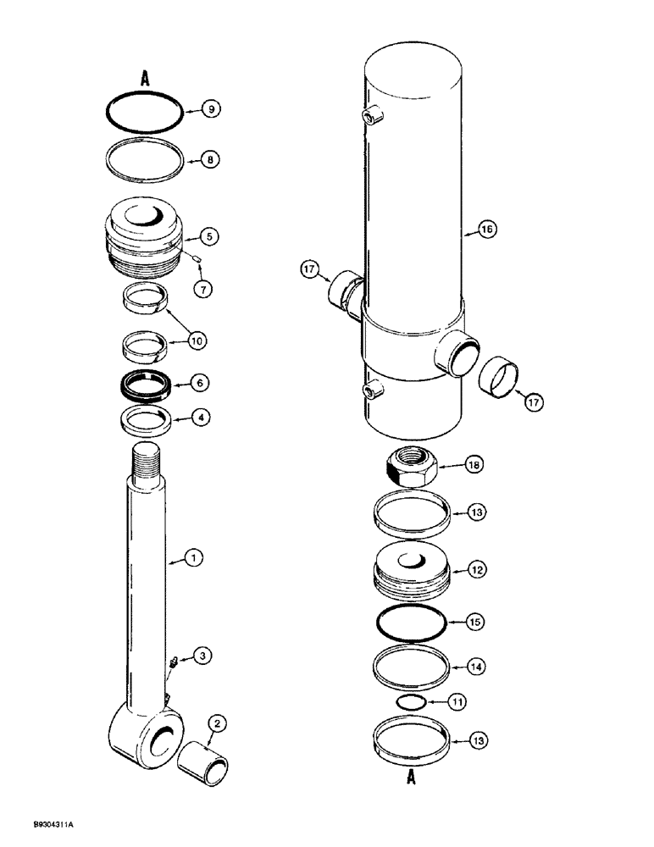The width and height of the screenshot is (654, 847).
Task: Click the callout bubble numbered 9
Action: (212, 108)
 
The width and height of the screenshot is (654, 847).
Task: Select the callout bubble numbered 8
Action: (212, 158)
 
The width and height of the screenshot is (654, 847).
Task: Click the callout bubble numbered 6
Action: (200, 383)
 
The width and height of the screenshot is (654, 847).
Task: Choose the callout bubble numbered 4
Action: (200, 418)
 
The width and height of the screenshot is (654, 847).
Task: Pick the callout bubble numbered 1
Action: (194, 558)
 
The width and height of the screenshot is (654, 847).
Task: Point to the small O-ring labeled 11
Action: (410, 702)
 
